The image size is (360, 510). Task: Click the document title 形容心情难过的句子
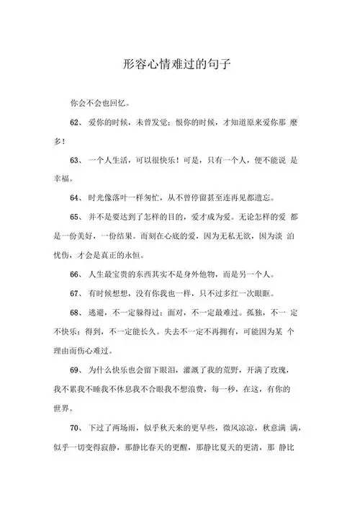click(180, 65)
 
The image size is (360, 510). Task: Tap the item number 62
click(76, 122)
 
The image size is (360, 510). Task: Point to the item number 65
click(76, 216)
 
